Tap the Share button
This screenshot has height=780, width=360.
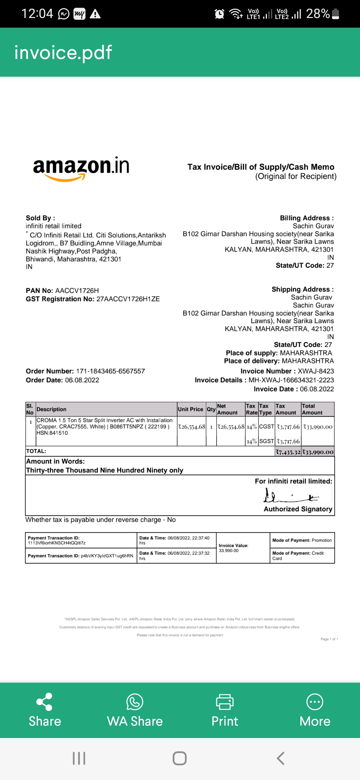point(45,710)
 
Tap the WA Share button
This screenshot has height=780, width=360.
point(135,710)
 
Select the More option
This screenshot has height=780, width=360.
point(315,710)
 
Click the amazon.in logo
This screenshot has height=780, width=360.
point(81,168)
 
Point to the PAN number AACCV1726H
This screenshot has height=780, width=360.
point(77,291)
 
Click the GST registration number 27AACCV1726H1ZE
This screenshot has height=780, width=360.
point(128,299)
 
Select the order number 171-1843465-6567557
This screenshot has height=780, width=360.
point(110,371)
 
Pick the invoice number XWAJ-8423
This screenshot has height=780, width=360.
point(316,371)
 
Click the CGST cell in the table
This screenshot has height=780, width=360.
point(267,427)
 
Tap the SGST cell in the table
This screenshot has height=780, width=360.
point(267,441)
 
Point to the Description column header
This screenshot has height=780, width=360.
point(52,409)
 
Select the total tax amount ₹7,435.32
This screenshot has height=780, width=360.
point(288,452)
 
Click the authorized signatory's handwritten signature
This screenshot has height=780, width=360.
point(291,496)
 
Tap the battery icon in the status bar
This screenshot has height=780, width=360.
point(336,14)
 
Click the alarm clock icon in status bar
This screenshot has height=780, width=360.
point(219,14)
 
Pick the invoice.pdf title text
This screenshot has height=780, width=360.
point(63,52)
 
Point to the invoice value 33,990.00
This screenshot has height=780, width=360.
point(229,551)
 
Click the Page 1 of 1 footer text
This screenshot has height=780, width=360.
point(329,639)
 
